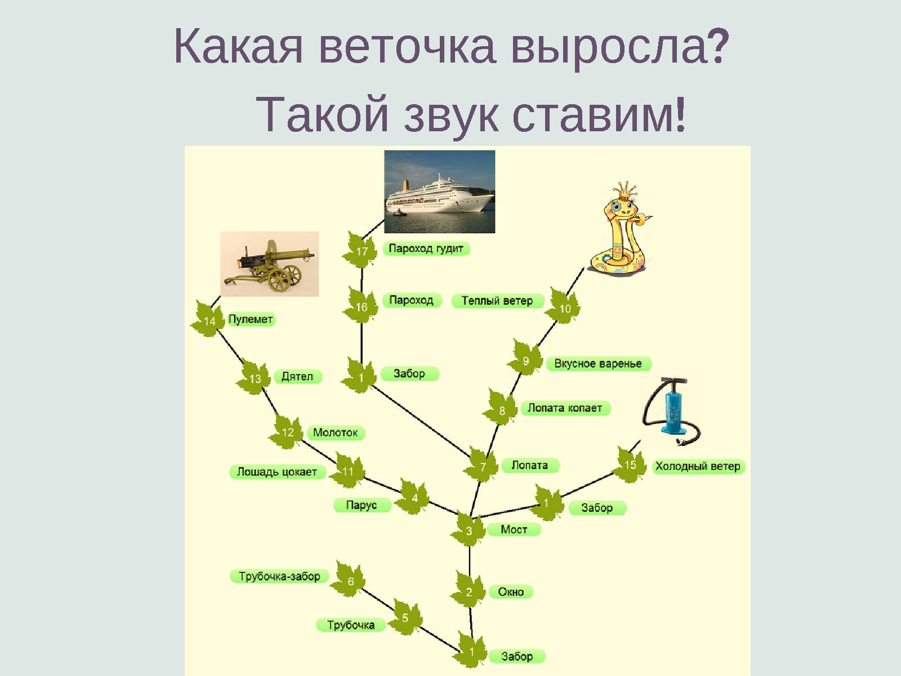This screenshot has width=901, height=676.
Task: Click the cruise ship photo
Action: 439,192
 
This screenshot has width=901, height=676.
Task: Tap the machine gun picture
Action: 269,264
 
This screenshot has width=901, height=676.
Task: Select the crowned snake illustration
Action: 619,231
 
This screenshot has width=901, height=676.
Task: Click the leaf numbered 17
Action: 362,251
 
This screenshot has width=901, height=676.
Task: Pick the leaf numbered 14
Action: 209,320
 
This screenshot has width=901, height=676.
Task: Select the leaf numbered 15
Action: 630,465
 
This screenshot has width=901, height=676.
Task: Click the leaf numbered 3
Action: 469,530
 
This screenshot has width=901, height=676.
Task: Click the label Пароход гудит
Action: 426,248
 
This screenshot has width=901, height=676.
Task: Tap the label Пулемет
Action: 251,319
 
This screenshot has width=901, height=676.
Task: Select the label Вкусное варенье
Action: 598,363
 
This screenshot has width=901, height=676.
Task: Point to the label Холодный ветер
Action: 698,466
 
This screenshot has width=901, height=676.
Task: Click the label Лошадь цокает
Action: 277,472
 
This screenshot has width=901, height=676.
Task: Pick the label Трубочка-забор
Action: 279,576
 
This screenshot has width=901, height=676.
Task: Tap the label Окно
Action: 511,591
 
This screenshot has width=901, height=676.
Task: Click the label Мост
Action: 514,530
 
